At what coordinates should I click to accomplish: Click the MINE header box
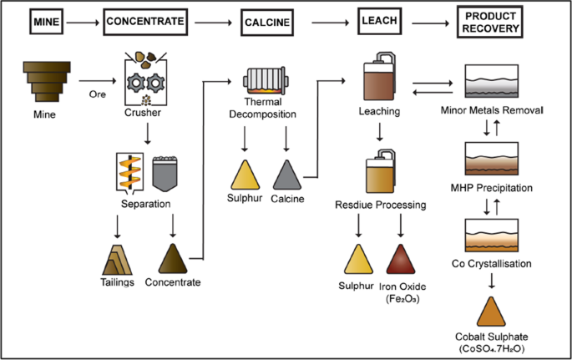(46, 22)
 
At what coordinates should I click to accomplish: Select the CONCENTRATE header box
(145, 22)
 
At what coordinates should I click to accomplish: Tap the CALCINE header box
(267, 23)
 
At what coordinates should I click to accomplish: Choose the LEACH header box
(379, 21)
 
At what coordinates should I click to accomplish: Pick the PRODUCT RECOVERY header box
(490, 22)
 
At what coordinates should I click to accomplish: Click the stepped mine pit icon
(47, 82)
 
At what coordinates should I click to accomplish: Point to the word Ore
(98, 94)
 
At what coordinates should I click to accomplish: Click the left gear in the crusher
(136, 84)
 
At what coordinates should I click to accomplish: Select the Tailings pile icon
(117, 260)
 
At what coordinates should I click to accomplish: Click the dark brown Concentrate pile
(173, 259)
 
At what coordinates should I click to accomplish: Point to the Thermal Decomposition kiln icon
(266, 81)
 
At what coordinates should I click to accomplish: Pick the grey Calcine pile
(287, 175)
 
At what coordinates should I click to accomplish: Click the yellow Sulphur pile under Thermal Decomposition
(246, 175)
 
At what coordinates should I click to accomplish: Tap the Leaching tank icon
(379, 76)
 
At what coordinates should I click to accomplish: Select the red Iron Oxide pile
(401, 259)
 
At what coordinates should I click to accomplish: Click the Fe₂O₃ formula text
(402, 299)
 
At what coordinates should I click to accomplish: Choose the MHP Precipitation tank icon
(491, 159)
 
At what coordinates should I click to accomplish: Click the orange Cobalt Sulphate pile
(491, 312)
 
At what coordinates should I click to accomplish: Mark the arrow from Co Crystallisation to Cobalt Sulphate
(492, 281)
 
